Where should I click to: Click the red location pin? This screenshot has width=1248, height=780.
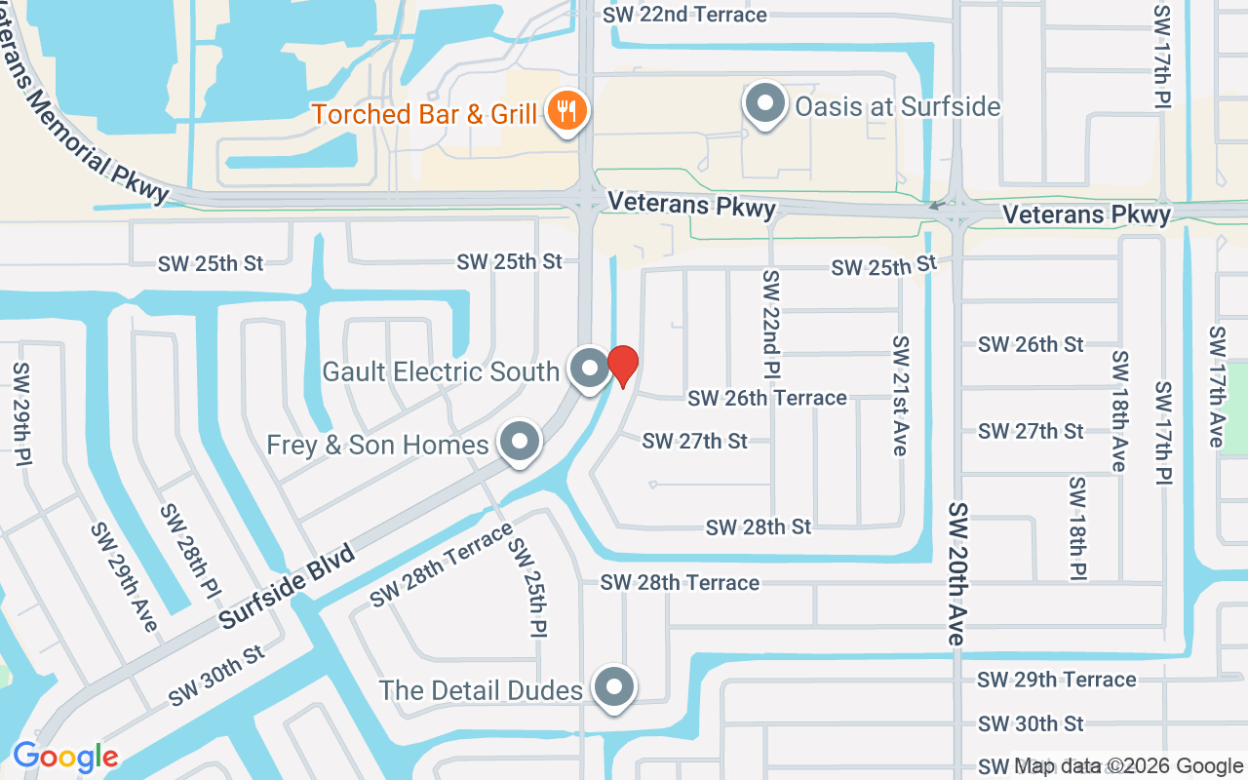click(x=622, y=366)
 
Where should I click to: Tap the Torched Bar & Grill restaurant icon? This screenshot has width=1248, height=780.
click(x=565, y=110)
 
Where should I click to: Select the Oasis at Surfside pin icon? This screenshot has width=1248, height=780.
click(x=765, y=103)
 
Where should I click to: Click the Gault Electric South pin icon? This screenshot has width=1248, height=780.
click(x=589, y=369)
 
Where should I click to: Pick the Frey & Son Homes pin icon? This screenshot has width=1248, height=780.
click(x=520, y=442)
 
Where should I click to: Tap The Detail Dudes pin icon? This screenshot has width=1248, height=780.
click(x=614, y=687)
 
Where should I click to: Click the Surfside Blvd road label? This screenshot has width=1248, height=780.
click(x=286, y=585)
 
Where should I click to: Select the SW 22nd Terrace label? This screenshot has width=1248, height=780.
click(x=684, y=15)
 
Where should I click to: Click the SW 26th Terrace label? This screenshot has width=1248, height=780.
click(x=767, y=398)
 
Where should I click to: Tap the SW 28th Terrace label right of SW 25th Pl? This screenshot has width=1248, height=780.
click(x=680, y=582)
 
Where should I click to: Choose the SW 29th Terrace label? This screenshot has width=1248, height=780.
click(x=1057, y=679)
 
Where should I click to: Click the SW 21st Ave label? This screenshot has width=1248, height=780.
click(x=901, y=396)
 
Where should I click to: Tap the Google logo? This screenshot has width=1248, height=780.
click(x=65, y=757)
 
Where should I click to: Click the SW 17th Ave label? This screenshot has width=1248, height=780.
click(x=1216, y=386)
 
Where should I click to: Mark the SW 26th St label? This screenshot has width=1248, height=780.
click(x=1031, y=344)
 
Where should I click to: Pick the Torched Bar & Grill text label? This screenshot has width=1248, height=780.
click(x=424, y=114)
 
